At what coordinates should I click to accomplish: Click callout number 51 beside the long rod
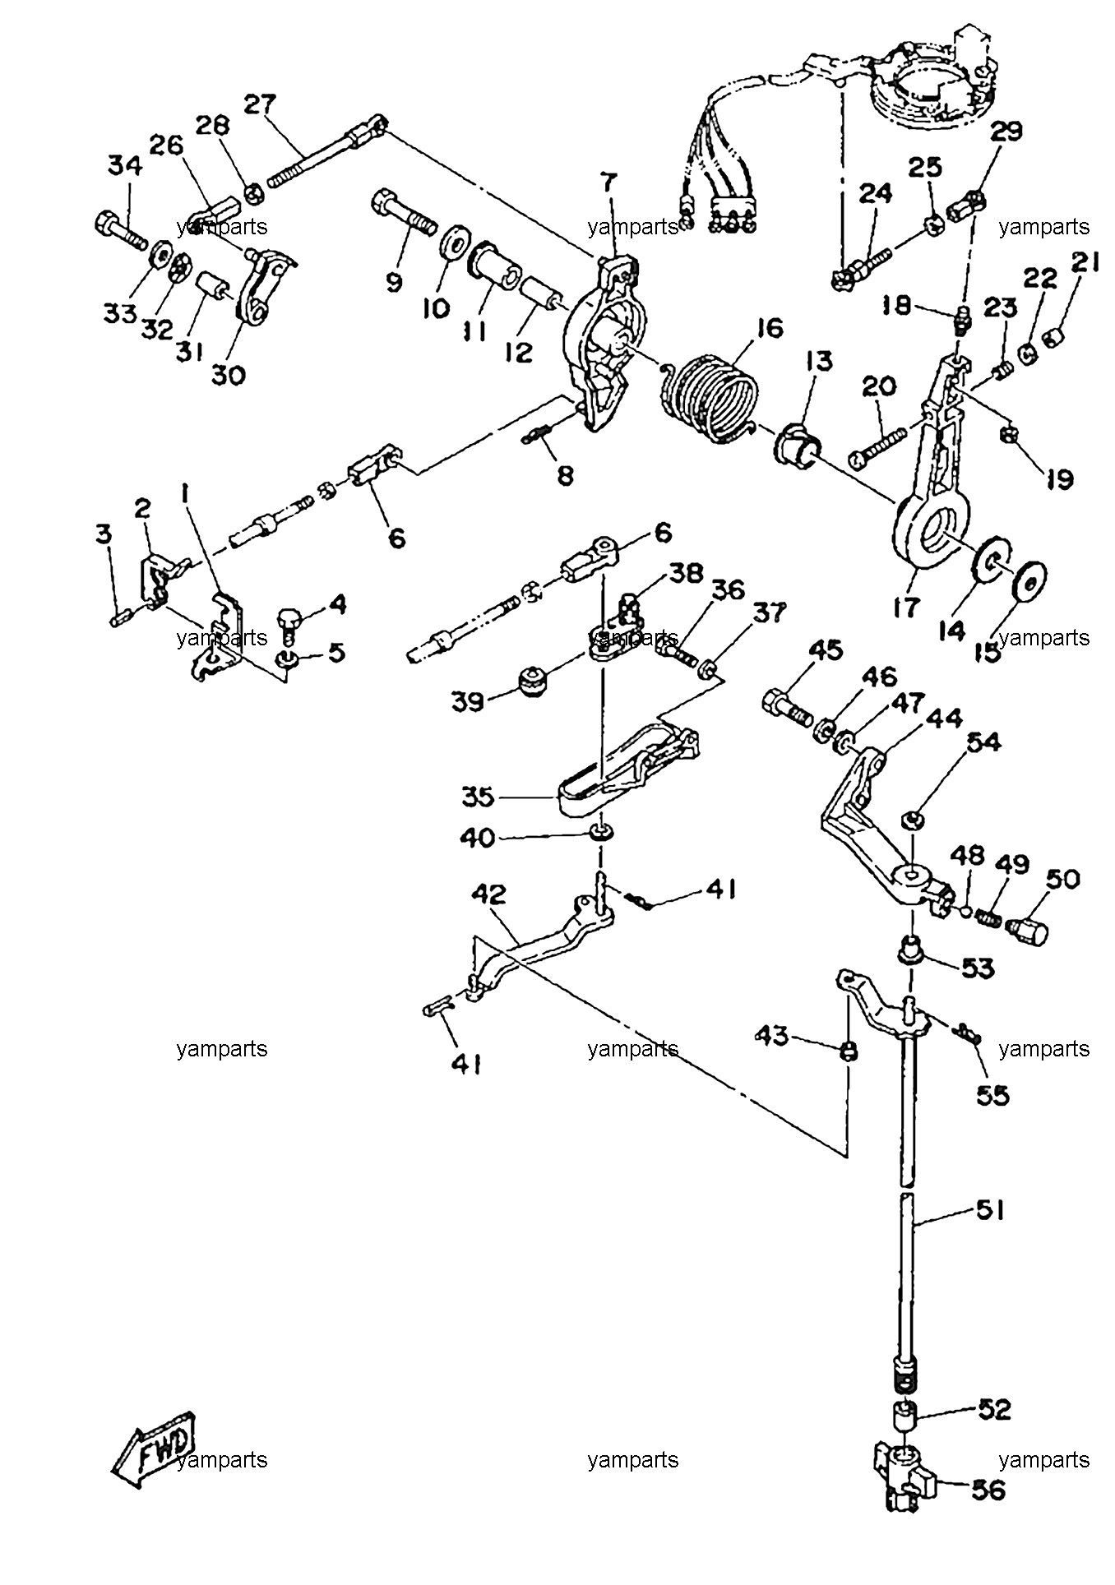(x=989, y=1210)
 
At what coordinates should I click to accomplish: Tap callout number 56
(x=988, y=1489)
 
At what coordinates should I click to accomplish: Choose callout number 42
(x=488, y=894)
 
